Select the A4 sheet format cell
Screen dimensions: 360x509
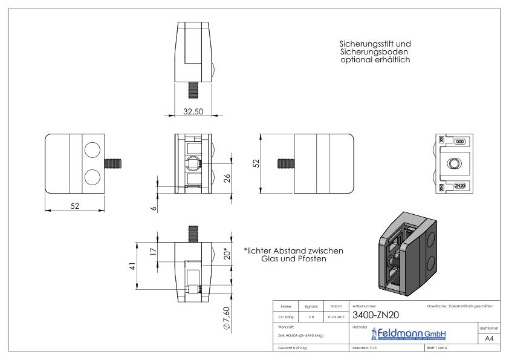coord(488,339)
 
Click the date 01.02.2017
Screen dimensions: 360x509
coord(336,315)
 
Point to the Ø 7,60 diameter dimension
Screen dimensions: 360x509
coord(226,317)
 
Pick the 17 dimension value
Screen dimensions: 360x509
coord(154,253)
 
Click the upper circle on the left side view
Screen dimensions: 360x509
coord(93,151)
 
